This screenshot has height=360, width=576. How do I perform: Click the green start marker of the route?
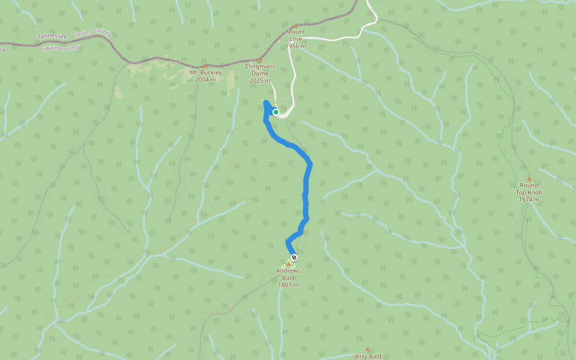pyautogui.click(x=276, y=112)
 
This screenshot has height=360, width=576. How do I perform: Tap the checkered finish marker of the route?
pyautogui.click(x=293, y=257)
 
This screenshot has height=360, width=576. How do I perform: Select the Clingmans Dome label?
pyautogui.click(x=259, y=70)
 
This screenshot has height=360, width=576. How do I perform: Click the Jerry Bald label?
pyautogui.click(x=368, y=356)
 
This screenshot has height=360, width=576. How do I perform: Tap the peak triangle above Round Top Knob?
pyautogui.click(x=529, y=178)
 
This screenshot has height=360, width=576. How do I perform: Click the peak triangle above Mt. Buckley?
pyautogui.click(x=205, y=66)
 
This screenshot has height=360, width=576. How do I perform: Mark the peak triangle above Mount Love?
pyautogui.click(x=295, y=25)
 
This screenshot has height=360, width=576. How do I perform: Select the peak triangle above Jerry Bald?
pyautogui.click(x=368, y=349)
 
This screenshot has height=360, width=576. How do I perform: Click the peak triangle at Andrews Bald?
pyautogui.click(x=289, y=264)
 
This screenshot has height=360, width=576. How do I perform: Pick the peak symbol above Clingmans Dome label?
pyautogui.click(x=259, y=60)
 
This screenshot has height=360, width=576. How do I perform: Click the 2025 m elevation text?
pyautogui.click(x=260, y=80)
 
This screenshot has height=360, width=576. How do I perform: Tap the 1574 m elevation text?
pyautogui.click(x=529, y=199)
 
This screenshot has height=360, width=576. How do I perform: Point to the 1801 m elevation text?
pyautogui.click(x=288, y=285)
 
